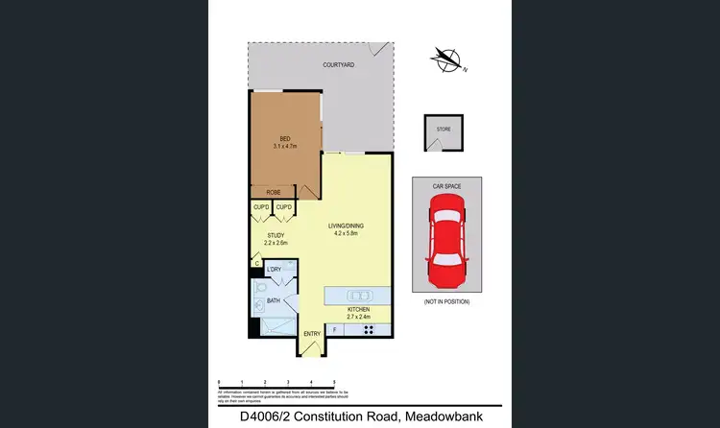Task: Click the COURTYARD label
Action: click(340, 64)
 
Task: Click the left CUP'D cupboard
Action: click(261, 207)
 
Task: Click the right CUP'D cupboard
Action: click(284, 207)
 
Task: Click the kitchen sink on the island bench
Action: click(360, 295)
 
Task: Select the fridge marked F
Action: click(334, 330)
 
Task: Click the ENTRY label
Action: click(312, 334)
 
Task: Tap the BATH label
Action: click(274, 300)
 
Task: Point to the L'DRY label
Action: click(275, 270)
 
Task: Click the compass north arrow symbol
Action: click(446, 59)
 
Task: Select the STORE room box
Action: click(443, 132)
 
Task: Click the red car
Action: click(447, 239)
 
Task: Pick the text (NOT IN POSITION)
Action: click(447, 302)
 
